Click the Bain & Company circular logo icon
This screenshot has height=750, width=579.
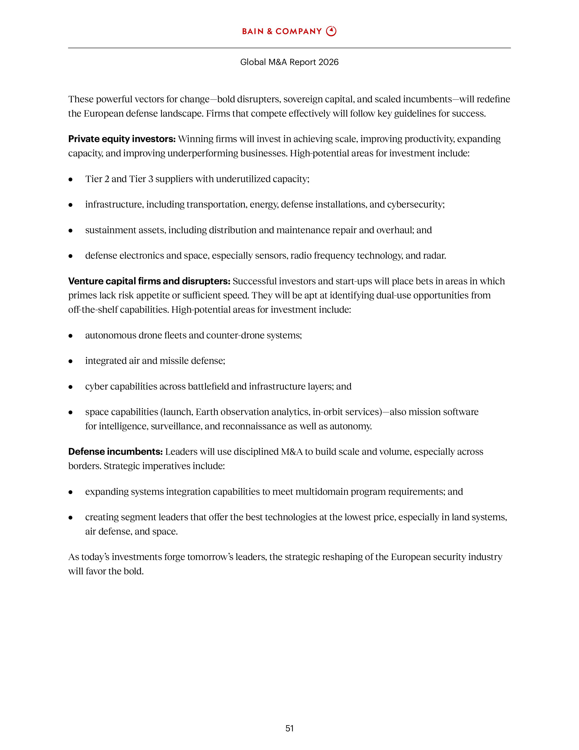click(331, 31)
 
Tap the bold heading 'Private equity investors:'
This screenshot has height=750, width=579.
click(122, 139)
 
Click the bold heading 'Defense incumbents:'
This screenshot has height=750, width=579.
click(115, 452)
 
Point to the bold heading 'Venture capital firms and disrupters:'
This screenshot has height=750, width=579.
click(149, 281)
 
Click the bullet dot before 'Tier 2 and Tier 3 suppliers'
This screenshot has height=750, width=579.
click(71, 179)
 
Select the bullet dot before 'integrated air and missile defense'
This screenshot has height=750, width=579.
click(71, 361)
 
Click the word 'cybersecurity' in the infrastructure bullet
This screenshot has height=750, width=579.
click(415, 205)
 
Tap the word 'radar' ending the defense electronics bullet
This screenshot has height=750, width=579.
click(436, 256)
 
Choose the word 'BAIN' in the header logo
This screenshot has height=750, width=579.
click(252, 32)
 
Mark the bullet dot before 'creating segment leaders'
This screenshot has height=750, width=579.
click(71, 517)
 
